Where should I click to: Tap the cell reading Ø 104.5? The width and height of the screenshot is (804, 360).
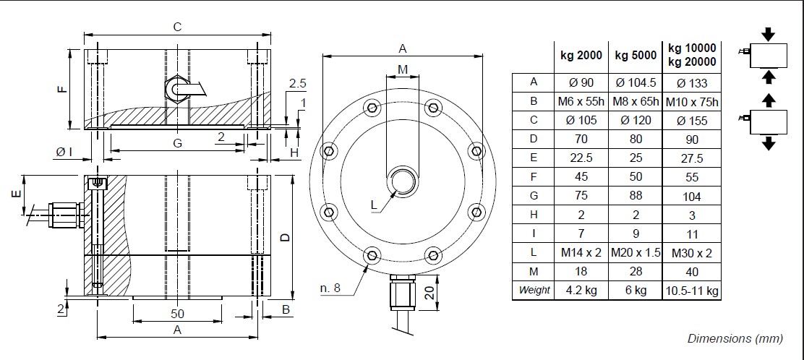click(635, 83)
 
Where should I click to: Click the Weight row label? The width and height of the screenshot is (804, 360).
click(533, 291)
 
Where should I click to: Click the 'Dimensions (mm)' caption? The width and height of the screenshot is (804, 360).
click(735, 338)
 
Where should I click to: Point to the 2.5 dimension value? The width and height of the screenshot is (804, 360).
click(297, 84)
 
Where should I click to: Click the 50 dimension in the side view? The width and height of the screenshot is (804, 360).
click(178, 314)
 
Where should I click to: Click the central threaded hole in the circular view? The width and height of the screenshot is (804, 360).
click(402, 181)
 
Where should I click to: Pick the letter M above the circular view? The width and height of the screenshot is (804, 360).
click(403, 68)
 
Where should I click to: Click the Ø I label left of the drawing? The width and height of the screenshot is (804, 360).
click(64, 151)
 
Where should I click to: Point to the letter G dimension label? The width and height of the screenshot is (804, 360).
click(176, 143)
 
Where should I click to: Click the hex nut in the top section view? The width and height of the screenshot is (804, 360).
click(176, 88)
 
